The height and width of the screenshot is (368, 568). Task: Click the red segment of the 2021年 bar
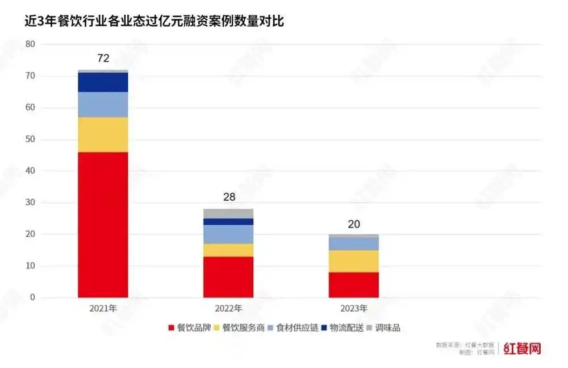(x=103, y=225)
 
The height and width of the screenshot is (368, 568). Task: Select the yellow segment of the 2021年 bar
(x=103, y=135)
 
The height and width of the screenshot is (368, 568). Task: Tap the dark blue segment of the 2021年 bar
(x=103, y=82)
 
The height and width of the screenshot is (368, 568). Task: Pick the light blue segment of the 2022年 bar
(x=228, y=234)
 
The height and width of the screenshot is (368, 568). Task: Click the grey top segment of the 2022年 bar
(x=228, y=213)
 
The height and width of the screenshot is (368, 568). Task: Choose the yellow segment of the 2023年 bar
(x=353, y=261)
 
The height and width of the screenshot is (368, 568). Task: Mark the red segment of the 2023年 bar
(x=353, y=284)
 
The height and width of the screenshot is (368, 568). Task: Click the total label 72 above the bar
(x=103, y=58)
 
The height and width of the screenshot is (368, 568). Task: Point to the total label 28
(x=228, y=197)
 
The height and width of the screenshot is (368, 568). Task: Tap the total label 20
(x=353, y=224)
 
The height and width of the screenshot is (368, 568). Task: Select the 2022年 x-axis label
(x=228, y=308)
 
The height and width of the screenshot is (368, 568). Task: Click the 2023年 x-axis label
(x=353, y=308)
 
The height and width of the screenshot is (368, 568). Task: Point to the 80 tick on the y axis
(x=30, y=44)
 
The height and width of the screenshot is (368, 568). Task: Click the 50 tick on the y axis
(x=30, y=139)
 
